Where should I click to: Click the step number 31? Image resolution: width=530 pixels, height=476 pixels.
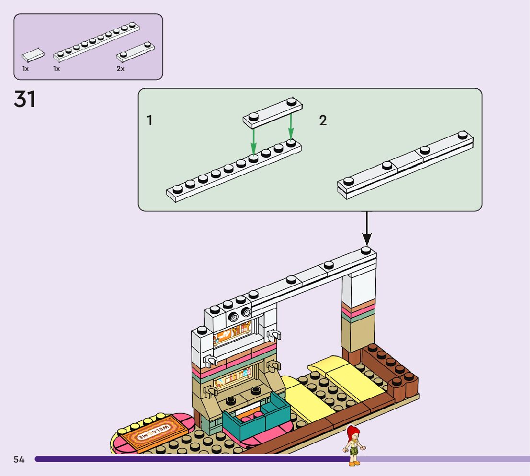[x=24, y=99]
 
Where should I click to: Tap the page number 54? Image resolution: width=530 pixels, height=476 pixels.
[x=19, y=459]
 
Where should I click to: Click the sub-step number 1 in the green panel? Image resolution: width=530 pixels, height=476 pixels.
[x=150, y=120]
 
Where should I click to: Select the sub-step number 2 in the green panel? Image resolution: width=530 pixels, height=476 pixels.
[x=323, y=120]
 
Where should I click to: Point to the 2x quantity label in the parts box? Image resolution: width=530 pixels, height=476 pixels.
[x=121, y=69]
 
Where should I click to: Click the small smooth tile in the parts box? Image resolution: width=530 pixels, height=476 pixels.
[x=33, y=55]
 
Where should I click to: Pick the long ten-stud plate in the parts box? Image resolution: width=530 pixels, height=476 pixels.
[x=96, y=42]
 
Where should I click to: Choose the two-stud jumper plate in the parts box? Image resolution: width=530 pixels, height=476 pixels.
[x=135, y=52]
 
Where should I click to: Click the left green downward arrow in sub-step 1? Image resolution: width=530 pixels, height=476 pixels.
[x=253, y=141]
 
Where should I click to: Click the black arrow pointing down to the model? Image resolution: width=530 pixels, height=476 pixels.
[x=367, y=228]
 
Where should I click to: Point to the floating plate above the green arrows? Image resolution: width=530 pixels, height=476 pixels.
[x=273, y=113]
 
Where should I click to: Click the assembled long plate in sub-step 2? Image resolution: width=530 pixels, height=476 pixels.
[x=405, y=165]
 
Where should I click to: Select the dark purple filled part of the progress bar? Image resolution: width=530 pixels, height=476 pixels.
[x=193, y=459]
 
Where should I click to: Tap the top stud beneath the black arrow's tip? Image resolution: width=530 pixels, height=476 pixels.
[x=366, y=250]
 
